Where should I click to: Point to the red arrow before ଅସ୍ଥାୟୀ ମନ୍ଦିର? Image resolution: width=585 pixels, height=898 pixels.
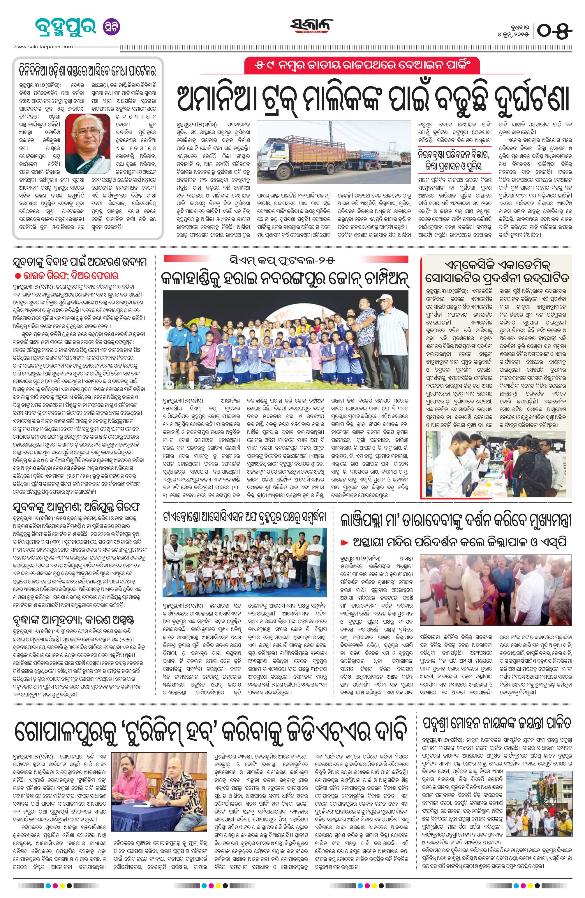pos(344,543)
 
